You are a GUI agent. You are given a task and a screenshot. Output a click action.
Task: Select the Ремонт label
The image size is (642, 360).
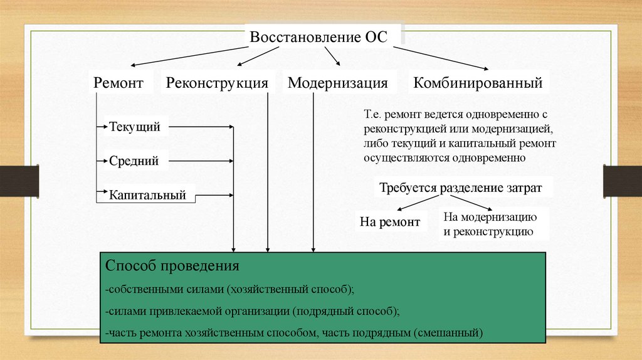pyautogui.click(x=118, y=83)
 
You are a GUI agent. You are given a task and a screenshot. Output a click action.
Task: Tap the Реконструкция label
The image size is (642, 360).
pyautogui.click(x=218, y=83)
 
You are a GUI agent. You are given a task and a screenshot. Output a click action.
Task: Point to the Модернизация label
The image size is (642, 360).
pyautogui.click(x=338, y=83)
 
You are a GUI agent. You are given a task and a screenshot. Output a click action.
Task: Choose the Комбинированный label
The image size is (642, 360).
pyautogui.click(x=478, y=83)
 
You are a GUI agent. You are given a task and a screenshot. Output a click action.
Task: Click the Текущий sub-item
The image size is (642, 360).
pyautogui.click(x=135, y=127)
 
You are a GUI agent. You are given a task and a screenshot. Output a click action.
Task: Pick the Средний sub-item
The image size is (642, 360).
pyautogui.click(x=134, y=161)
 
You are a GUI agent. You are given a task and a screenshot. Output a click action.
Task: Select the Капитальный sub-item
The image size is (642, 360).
pyautogui.click(x=148, y=195)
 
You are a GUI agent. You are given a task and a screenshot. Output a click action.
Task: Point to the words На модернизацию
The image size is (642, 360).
pyautogui.click(x=489, y=218)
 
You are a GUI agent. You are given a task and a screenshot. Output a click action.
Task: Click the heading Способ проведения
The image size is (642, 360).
pyautogui.click(x=172, y=265)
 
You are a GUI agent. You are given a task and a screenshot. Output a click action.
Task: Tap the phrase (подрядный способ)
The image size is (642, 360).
pyautogui.click(x=344, y=310)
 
